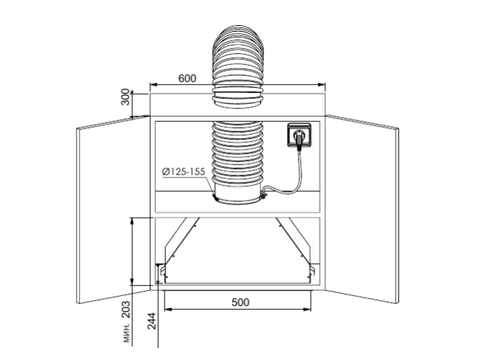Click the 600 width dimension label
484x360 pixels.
pos(187,79)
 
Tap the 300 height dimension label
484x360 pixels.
pos(126,97)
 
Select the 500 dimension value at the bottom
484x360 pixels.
pos(240,302)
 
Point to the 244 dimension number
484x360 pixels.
pos(151,321)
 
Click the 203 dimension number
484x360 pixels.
pos(126,309)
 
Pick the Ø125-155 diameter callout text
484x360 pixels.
pos(184,172)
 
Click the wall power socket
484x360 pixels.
pos(299,135)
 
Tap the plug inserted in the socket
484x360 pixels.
pos(299,139)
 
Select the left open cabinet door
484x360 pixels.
pos(113,209)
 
